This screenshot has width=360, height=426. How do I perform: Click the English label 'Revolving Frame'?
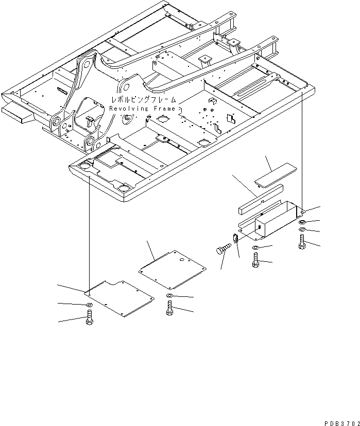[142, 109]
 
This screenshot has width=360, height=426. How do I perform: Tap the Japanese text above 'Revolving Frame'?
[142, 99]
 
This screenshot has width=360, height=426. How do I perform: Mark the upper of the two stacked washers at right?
[302, 221]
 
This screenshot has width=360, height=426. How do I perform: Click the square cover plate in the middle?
[173, 270]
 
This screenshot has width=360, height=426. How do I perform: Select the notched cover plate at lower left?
[119, 298]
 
